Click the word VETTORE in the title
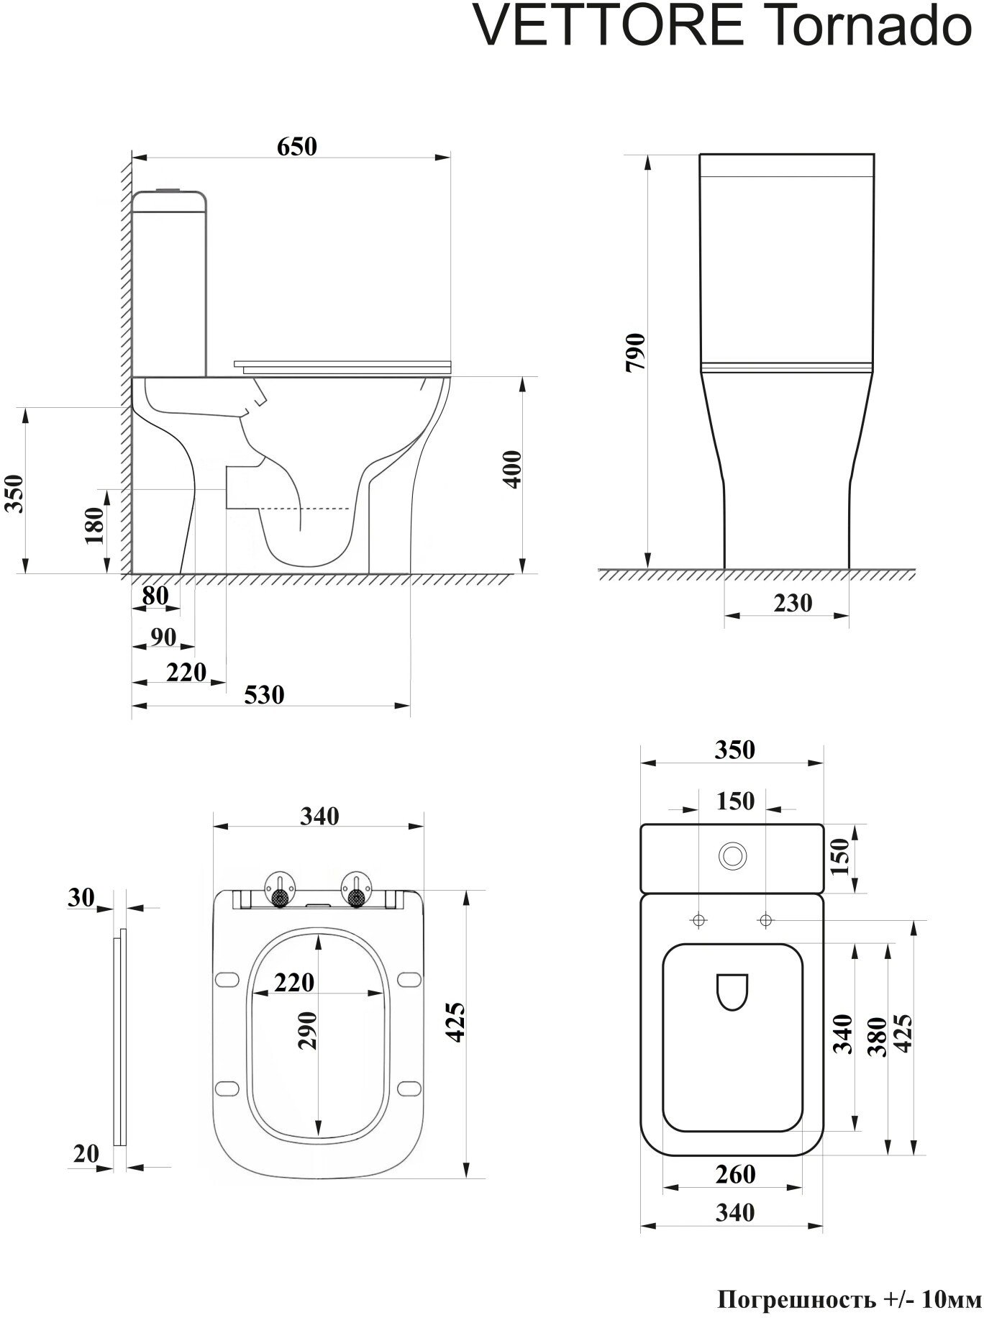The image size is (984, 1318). [x=609, y=27]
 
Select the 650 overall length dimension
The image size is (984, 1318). [x=296, y=146]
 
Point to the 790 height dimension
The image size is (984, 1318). [x=637, y=352]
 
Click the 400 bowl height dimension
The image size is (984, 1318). [x=512, y=469]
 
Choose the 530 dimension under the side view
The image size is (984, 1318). [x=264, y=695]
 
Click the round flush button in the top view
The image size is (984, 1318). [x=732, y=856]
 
